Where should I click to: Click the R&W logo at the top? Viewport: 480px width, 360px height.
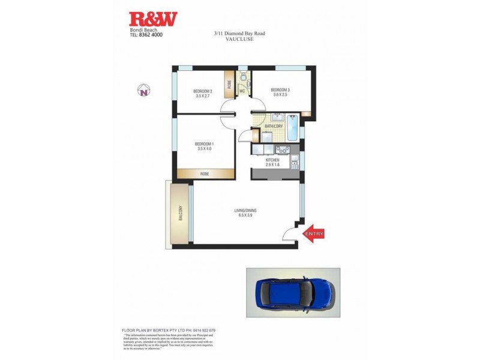pyautogui.click(x=154, y=19)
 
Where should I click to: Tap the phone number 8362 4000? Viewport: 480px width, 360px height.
pyautogui.click(x=151, y=35)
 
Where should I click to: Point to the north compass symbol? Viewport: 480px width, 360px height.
pyautogui.click(x=144, y=91)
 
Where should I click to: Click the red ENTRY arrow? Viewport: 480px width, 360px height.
pyautogui.click(x=315, y=235)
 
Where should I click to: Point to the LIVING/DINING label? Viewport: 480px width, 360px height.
pyautogui.click(x=245, y=211)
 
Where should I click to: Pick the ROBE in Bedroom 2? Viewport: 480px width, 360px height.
pyautogui.click(x=229, y=84)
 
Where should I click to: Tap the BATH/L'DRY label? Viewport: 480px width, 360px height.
pyautogui.click(x=273, y=126)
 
